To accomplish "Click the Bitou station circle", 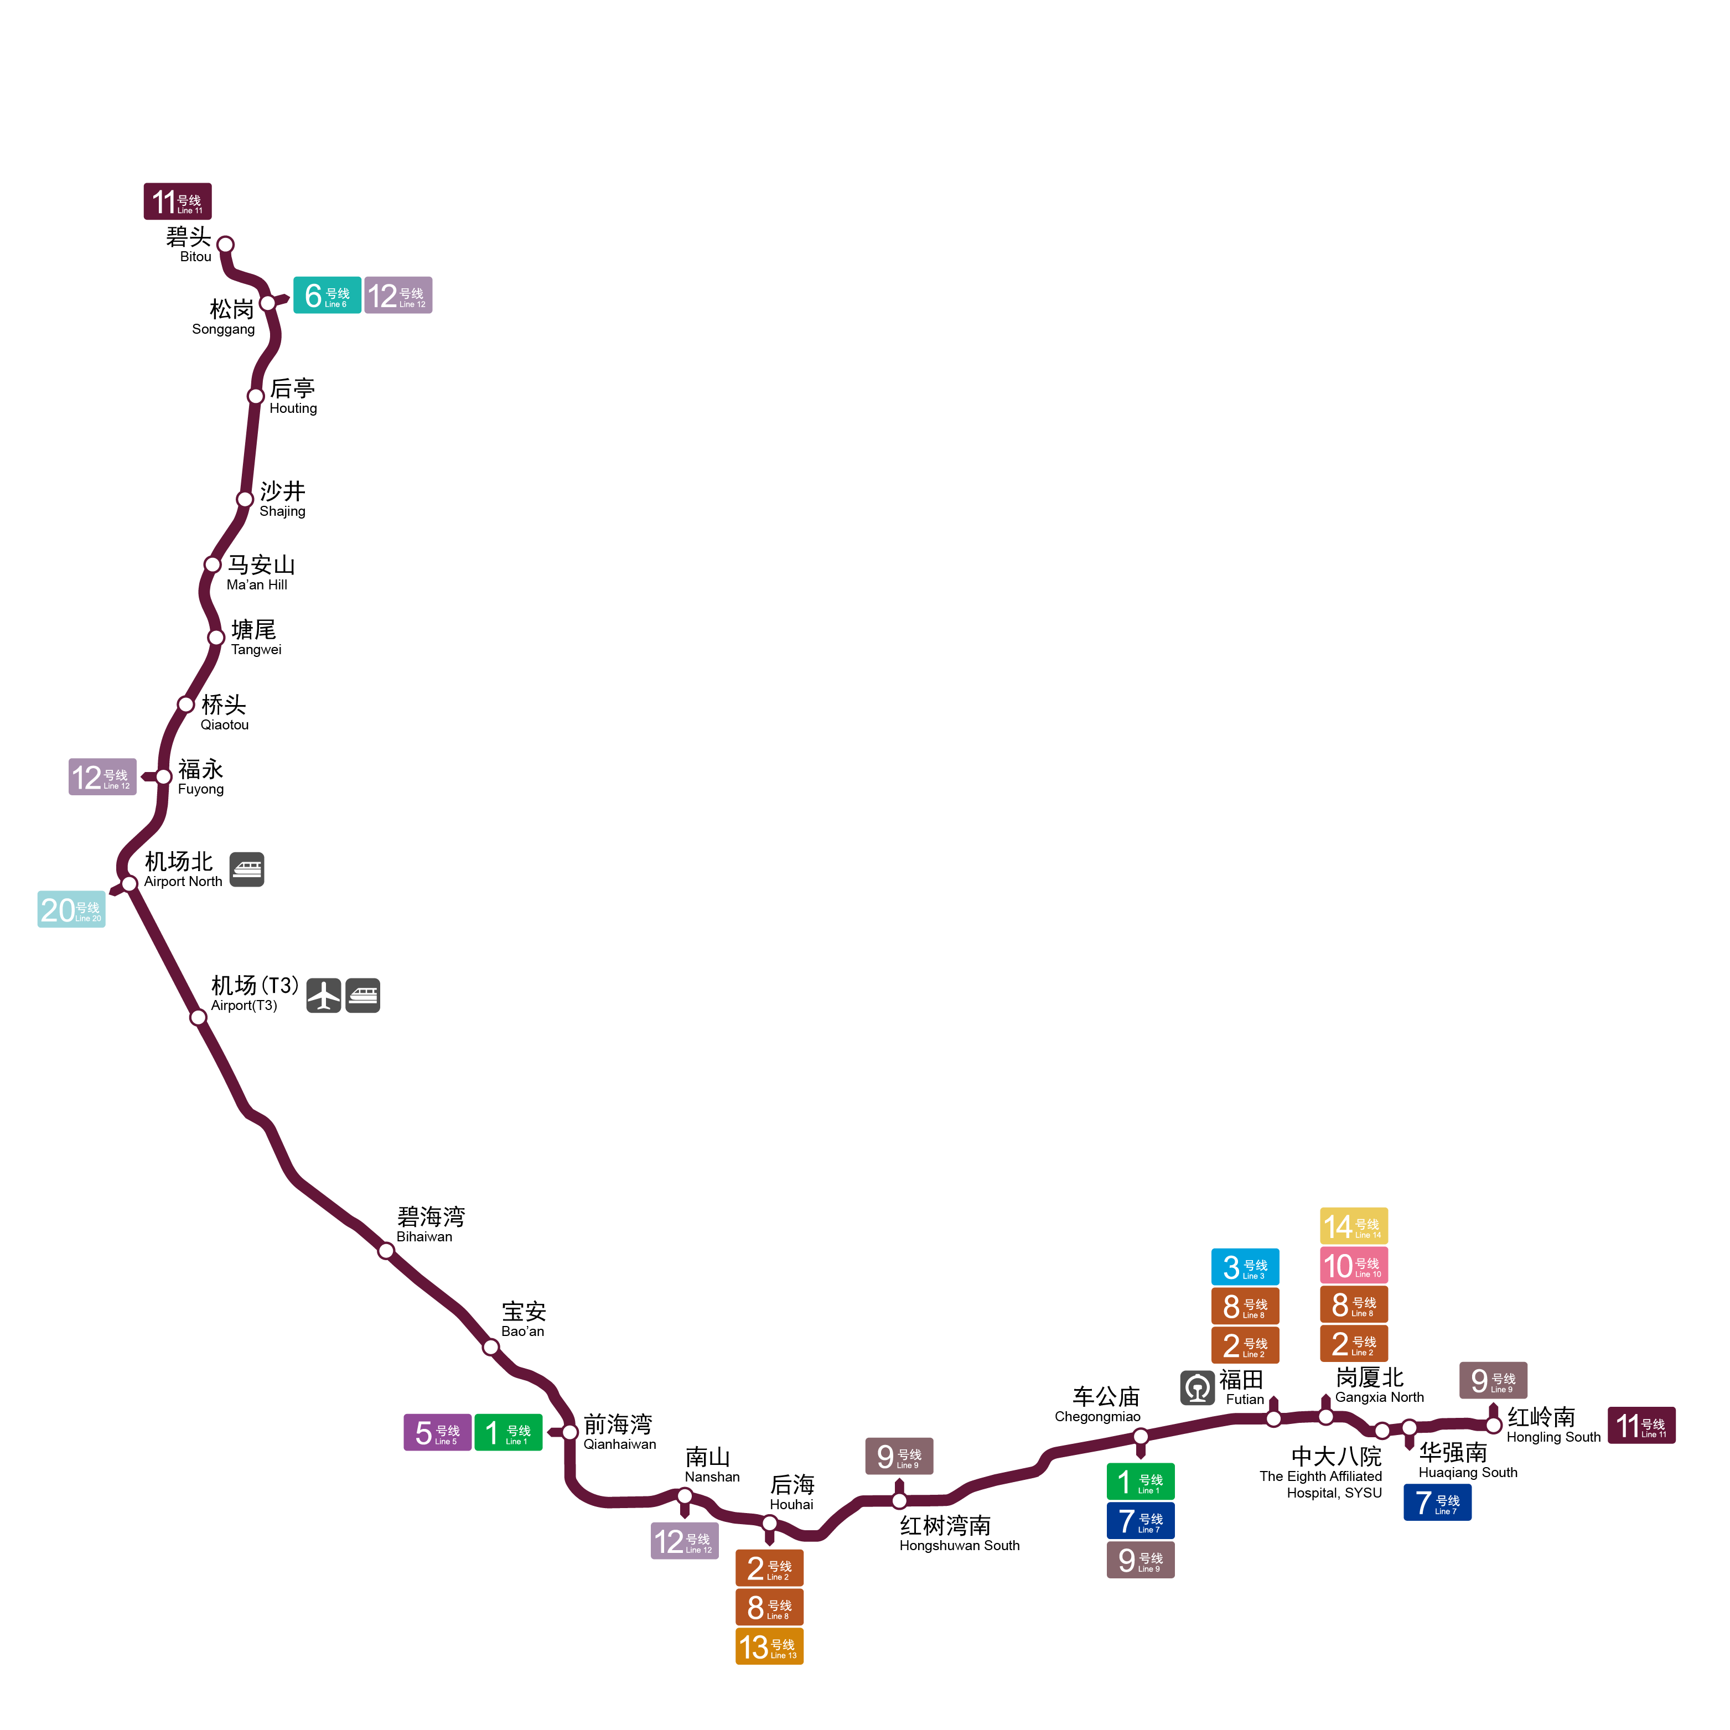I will click(x=226, y=245).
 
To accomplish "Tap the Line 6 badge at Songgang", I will click(x=327, y=296).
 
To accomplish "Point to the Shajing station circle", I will click(x=245, y=499).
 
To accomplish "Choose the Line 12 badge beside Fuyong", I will click(x=102, y=776).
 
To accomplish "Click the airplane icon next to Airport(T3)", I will click(x=323, y=995).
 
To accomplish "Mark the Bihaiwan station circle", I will click(x=386, y=1251).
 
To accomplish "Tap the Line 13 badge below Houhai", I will click(x=769, y=1646).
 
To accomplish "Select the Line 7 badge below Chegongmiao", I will click(x=1140, y=1520).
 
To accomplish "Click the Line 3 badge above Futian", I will click(x=1245, y=1267).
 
